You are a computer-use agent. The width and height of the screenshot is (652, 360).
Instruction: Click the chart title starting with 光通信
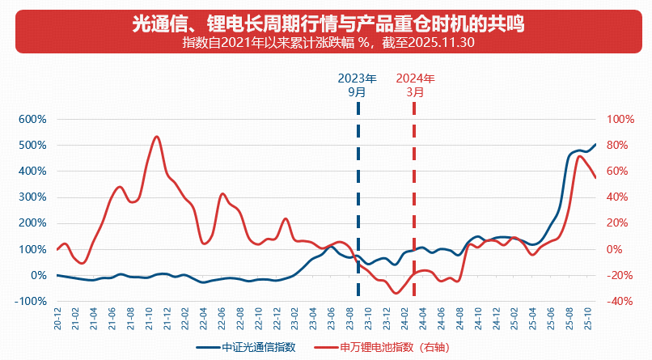tap(328, 25)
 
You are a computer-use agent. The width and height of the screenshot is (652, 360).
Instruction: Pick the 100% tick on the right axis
tap(621, 120)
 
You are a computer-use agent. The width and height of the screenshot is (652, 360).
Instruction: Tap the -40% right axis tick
tap(620, 302)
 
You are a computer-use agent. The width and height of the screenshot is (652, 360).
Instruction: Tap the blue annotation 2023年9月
tap(357, 86)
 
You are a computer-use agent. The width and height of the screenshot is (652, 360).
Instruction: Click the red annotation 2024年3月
tap(415, 86)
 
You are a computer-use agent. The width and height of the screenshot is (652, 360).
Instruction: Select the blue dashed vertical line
tap(358, 202)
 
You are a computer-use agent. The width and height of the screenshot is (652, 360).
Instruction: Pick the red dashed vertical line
tap(414, 202)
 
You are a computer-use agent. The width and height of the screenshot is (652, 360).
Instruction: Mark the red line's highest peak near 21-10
tap(156, 137)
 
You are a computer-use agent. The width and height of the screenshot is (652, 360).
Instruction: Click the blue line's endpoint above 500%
tap(595, 145)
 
